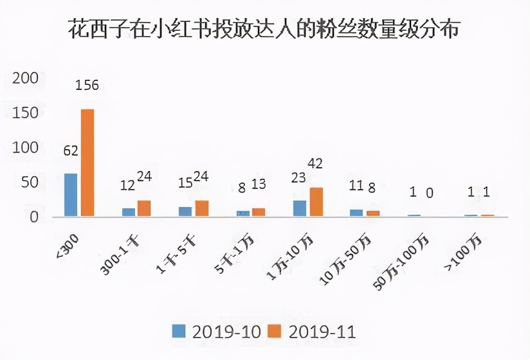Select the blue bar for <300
click(71, 195)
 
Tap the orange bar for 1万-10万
click(316, 202)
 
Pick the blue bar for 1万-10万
click(299, 208)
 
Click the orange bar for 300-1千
click(144, 208)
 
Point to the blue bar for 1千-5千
click(185, 212)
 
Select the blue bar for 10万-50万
click(356, 213)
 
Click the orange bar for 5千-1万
click(259, 212)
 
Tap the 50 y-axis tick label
click(30, 183)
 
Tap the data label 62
click(71, 152)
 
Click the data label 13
click(259, 185)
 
